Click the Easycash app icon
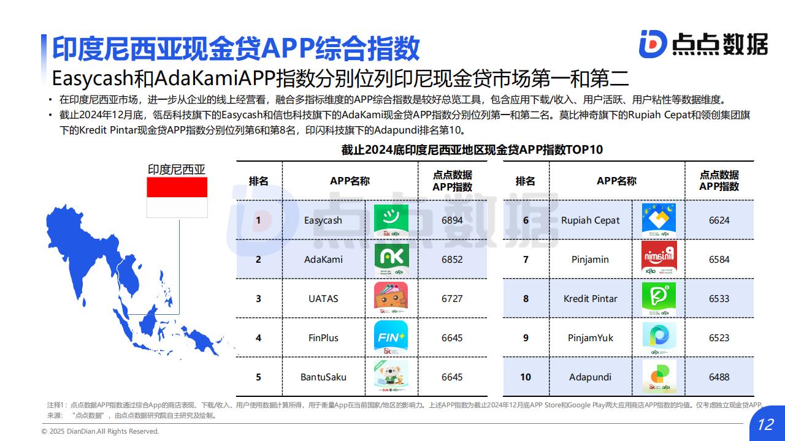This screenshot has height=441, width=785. [391, 221]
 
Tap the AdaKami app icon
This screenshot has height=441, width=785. [391, 259]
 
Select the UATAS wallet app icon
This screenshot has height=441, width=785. [391, 298]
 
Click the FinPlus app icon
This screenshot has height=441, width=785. [391, 337]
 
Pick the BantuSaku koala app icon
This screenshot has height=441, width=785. [391, 376]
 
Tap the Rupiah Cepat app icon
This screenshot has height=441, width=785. [659, 221]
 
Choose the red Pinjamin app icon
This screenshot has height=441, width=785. [659, 258]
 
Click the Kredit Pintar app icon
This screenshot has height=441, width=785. [659, 298]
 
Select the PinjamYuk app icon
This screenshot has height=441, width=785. [659, 338]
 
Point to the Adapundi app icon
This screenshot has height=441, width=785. [659, 377]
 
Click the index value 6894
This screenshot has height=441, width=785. [452, 221]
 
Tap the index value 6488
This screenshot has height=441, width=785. [719, 377]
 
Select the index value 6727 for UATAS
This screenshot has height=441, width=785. [452, 298]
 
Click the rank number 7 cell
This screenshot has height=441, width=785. [526, 259]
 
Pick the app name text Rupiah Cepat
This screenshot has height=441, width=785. [590, 221]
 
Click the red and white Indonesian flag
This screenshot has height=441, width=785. [177, 197]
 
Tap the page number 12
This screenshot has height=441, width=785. [766, 424]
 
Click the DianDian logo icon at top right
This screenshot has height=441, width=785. [653, 44]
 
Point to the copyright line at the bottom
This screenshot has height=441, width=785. [100, 431]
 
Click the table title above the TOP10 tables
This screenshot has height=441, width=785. [472, 150]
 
